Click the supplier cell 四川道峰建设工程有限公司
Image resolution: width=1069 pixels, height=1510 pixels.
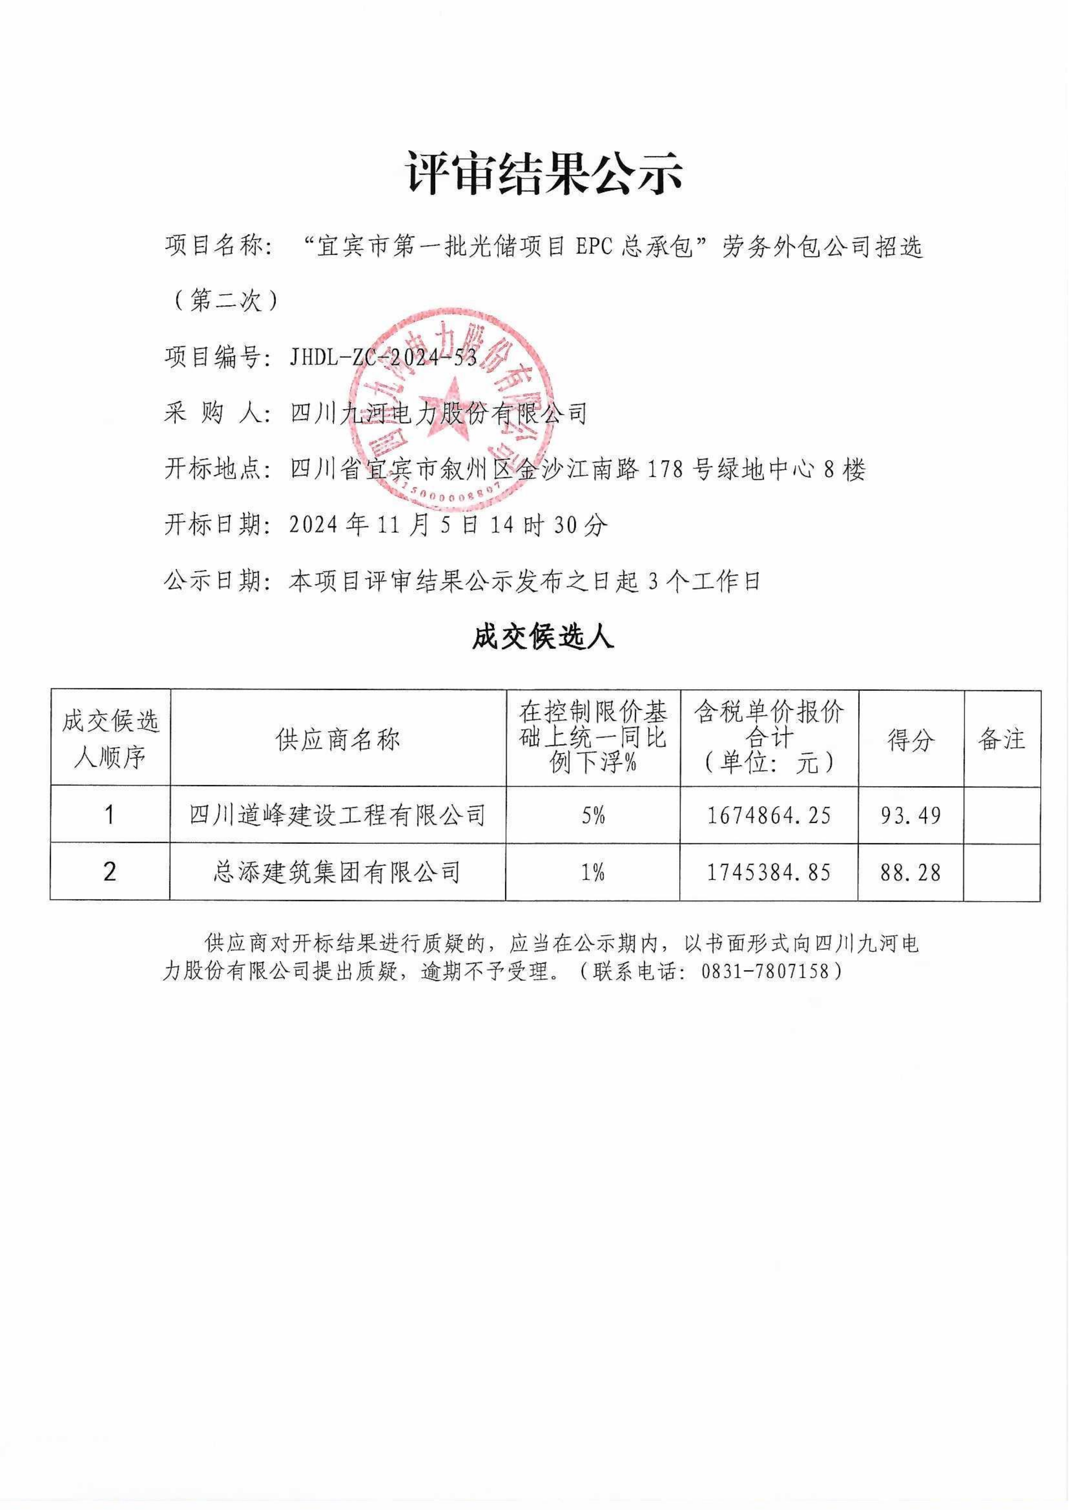click(x=338, y=815)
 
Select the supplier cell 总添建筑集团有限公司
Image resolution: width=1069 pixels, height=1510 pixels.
click(x=338, y=872)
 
